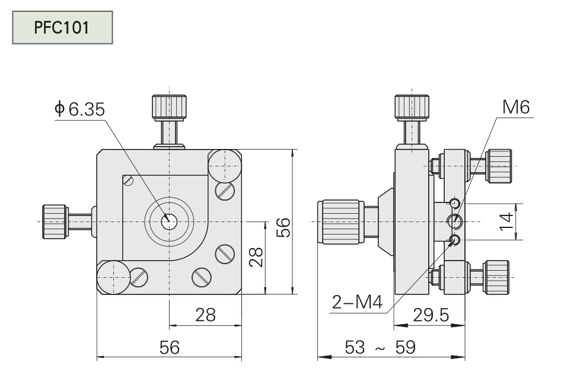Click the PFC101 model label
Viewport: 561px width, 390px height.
click(x=62, y=28)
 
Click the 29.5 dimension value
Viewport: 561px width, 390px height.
click(x=431, y=315)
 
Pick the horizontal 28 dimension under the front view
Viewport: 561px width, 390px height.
click(x=205, y=315)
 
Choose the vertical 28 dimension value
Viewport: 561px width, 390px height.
click(x=256, y=256)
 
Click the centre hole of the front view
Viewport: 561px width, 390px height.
click(x=170, y=221)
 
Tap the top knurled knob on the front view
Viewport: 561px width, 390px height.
click(x=169, y=107)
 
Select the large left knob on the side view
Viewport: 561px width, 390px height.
click(x=340, y=221)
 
